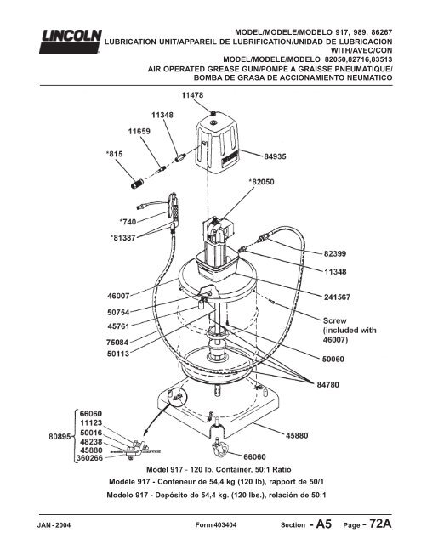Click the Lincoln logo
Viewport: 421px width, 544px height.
(70, 42)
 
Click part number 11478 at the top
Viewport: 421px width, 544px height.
(192, 95)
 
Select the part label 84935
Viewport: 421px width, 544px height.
(275, 156)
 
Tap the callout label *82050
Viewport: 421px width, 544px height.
(261, 182)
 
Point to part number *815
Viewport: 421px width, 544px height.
(114, 154)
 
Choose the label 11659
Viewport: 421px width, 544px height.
(139, 132)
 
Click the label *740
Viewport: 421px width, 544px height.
(128, 221)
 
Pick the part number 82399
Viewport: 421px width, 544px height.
(335, 253)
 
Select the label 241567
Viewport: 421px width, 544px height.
(337, 297)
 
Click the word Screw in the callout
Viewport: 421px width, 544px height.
(334, 321)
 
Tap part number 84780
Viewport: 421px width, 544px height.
(328, 385)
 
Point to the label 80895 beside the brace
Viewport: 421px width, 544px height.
(60, 437)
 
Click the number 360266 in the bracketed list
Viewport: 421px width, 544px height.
(89, 458)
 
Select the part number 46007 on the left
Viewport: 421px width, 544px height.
(118, 297)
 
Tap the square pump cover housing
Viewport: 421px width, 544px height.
(218, 144)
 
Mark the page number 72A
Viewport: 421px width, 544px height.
(378, 524)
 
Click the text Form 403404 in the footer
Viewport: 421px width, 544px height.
(216, 525)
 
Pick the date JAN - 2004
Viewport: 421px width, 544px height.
(54, 525)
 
